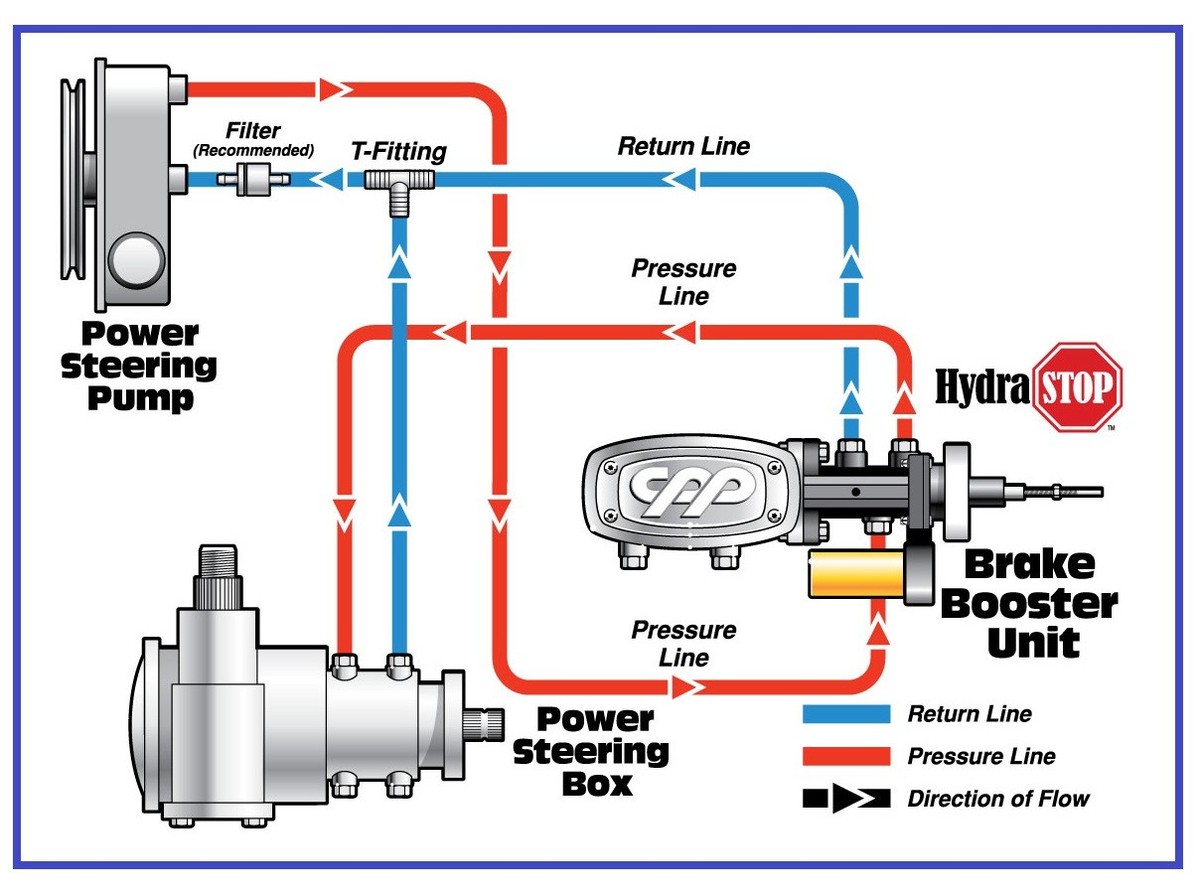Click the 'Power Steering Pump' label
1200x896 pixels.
point(139,367)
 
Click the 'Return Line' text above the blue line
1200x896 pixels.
point(683,146)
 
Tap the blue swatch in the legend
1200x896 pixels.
point(846,714)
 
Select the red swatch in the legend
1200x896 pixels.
point(846,756)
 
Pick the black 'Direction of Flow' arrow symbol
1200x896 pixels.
point(846,798)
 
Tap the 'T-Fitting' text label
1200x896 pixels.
point(398,152)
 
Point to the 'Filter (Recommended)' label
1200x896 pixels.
point(253,139)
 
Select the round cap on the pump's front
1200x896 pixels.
point(137,261)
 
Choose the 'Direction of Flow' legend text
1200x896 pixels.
point(998,798)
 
